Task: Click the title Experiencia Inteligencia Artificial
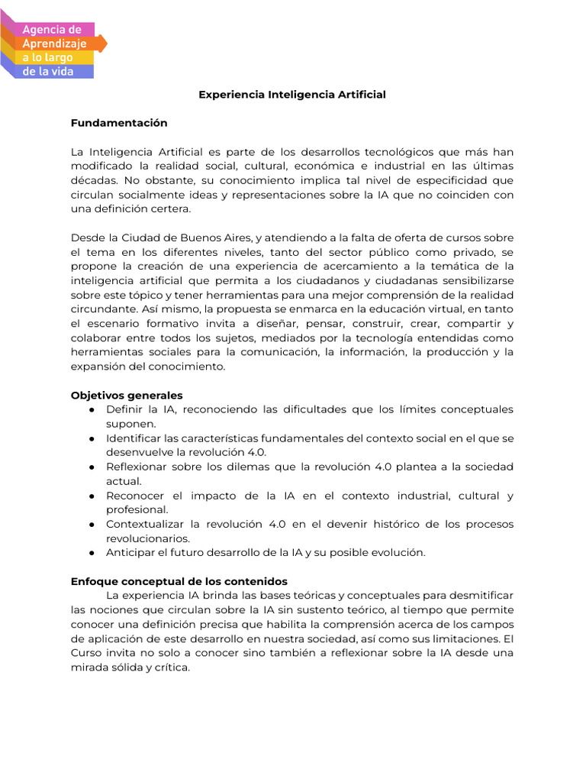click(292, 95)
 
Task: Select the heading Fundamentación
click(118, 123)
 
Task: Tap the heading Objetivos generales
click(127, 396)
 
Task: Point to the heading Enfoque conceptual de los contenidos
click(179, 581)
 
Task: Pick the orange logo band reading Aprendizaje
click(55, 44)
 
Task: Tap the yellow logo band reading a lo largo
click(50, 57)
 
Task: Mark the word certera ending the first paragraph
click(169, 209)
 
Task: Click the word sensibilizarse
click(475, 280)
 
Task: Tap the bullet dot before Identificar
click(91, 438)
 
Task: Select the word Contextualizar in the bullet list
click(145, 525)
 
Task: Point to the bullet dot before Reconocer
click(91, 496)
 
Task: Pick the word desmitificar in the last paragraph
click(481, 596)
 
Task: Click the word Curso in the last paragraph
click(85, 653)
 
